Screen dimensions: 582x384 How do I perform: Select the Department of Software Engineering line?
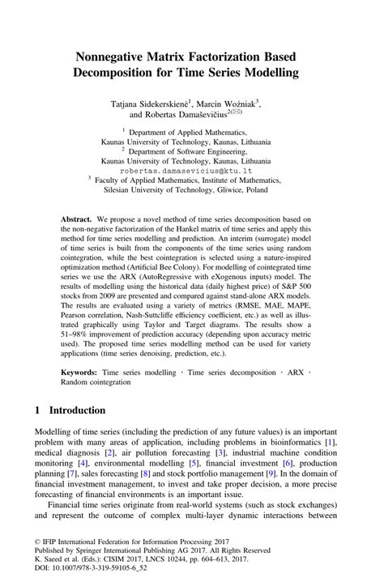(x=192, y=151)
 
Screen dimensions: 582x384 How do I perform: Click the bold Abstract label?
(x=77, y=219)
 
